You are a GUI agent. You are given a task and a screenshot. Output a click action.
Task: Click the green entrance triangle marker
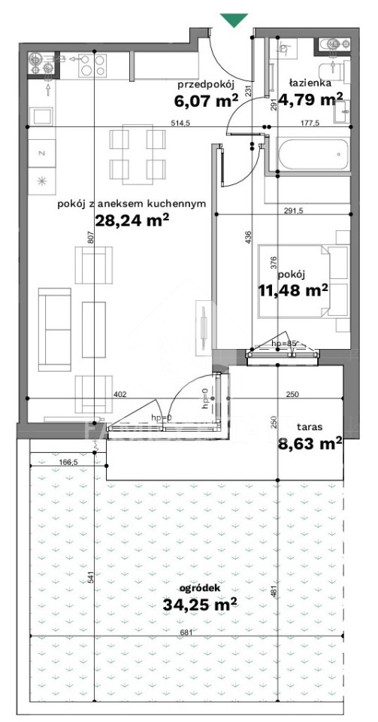tap(234, 20)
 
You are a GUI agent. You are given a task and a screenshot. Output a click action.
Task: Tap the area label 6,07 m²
tap(206, 100)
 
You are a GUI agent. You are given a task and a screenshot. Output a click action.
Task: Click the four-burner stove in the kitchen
tap(93, 65)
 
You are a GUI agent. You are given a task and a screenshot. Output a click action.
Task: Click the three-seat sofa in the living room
tap(55, 329)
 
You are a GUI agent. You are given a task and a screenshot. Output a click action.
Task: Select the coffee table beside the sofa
tap(94, 329)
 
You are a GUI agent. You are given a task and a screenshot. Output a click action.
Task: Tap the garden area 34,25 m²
tap(200, 604)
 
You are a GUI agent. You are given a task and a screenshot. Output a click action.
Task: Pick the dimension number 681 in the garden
tap(185, 633)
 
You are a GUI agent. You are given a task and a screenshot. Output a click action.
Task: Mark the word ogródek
tap(201, 588)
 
